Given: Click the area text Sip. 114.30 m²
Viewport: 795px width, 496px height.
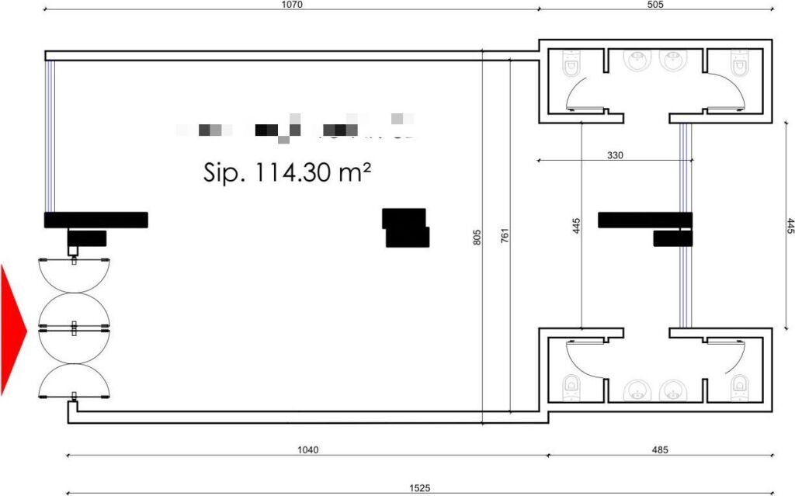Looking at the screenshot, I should point(286,172).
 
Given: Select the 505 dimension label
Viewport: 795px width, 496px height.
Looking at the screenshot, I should point(655,5).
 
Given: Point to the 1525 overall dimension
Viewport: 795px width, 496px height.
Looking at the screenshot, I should point(419,488).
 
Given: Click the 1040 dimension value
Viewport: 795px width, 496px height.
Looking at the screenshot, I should point(308,449).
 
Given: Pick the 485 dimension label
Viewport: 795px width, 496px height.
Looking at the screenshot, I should point(658,449).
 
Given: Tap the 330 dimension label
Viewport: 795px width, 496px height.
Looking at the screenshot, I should point(616,155).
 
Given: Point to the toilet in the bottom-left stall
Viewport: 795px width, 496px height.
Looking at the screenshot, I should point(573,385).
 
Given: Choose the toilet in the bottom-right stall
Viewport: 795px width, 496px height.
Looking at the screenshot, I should point(738,385).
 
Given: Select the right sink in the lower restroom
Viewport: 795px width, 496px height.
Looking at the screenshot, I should point(672,390).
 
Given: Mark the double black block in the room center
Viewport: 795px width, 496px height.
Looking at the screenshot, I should point(406,227).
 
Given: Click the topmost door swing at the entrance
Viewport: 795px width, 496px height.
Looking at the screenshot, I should point(74,276).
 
